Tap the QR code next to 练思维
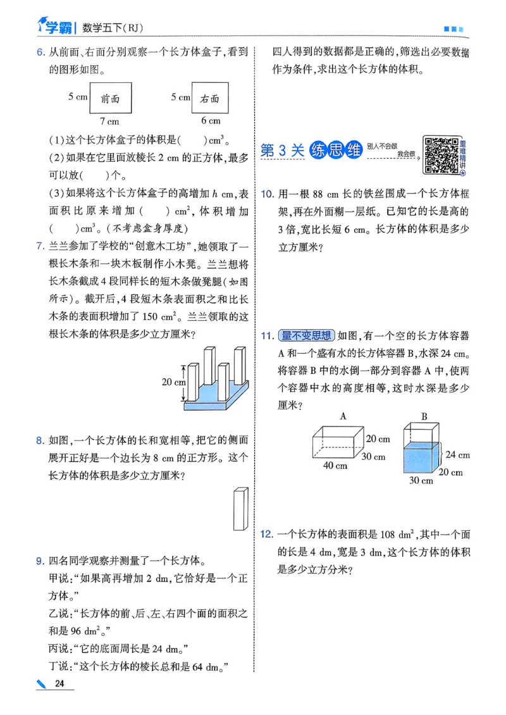pyautogui.click(x=440, y=154)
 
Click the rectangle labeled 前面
pyautogui.click(x=111, y=98)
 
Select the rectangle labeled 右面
pyautogui.click(x=210, y=98)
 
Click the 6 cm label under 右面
pyautogui.click(x=211, y=120)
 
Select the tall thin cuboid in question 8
pyautogui.click(x=240, y=509)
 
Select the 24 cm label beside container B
pyautogui.click(x=458, y=454)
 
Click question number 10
pyautogui.click(x=266, y=192)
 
